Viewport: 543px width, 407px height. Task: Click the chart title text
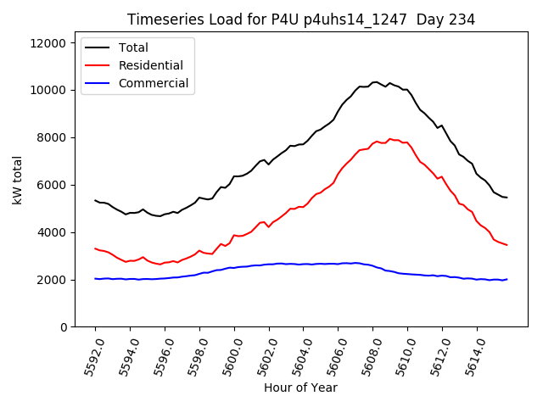point(300,20)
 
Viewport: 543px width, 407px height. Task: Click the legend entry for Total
point(133,47)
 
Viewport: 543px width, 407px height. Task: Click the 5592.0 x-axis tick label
point(90,356)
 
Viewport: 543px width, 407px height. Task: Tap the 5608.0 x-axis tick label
point(367,356)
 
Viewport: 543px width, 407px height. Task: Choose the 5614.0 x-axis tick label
point(472,356)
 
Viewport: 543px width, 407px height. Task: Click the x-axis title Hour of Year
point(300,388)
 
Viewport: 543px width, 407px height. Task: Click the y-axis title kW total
point(17,186)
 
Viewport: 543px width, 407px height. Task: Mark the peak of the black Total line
point(376,82)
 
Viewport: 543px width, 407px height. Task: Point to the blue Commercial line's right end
point(507,279)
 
